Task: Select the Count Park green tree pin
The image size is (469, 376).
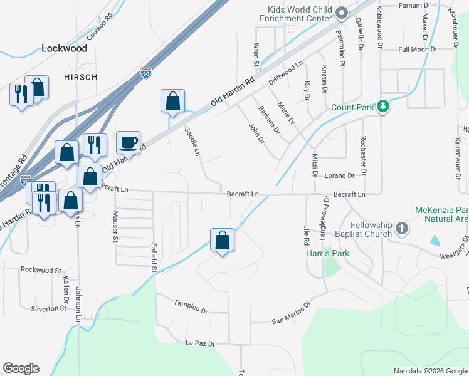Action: [x=384, y=107]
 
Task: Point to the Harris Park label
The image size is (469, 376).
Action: [x=327, y=254]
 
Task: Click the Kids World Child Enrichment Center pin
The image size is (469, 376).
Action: [x=342, y=13]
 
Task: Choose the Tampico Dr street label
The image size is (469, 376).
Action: [x=191, y=306]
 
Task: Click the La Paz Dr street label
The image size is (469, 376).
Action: [x=201, y=344]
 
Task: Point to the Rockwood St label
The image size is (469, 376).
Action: [x=41, y=270]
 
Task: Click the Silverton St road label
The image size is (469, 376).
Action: [x=49, y=308]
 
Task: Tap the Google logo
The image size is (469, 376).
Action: [x=21, y=368]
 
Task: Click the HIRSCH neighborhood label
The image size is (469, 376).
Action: [x=80, y=76]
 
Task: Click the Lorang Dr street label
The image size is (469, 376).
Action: [x=339, y=176]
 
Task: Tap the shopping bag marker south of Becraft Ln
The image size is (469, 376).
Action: [x=222, y=241]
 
